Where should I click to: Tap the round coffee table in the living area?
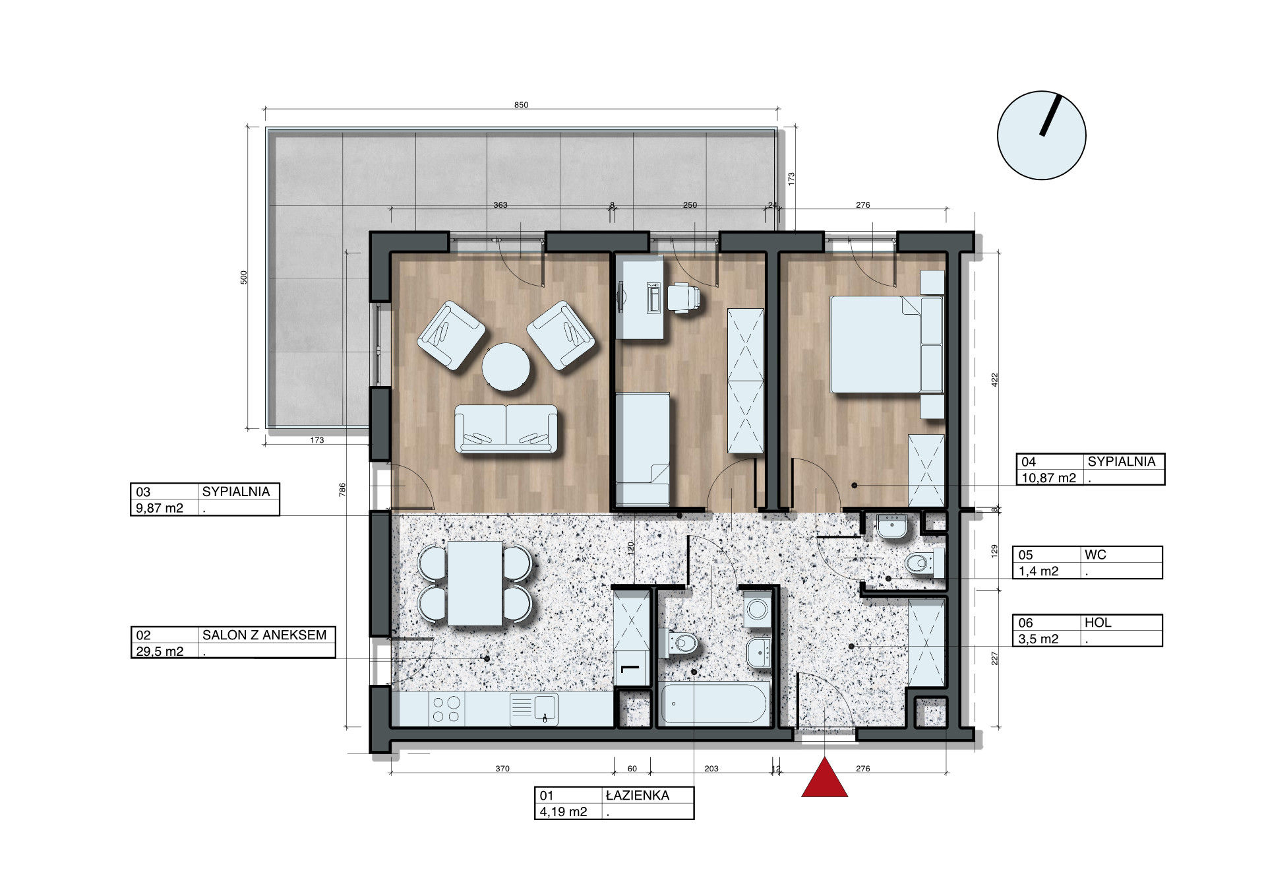pyautogui.click(x=506, y=367)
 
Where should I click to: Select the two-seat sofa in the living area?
pyautogui.click(x=506, y=429)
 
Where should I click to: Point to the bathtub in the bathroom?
pyautogui.click(x=714, y=704)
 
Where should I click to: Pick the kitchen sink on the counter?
pyautogui.click(x=533, y=709)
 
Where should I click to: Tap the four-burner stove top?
pyautogui.click(x=446, y=709)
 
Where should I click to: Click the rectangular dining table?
pyautogui.click(x=475, y=583)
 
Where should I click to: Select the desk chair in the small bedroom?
pyautogui.click(x=683, y=297)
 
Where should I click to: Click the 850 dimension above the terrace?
pyautogui.click(x=521, y=105)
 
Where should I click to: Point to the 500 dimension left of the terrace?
pyautogui.click(x=244, y=277)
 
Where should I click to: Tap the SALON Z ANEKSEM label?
pyautogui.click(x=264, y=635)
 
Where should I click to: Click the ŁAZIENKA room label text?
pyautogui.click(x=637, y=796)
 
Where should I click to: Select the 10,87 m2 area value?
pyautogui.click(x=1048, y=478)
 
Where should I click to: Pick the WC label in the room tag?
pyautogui.click(x=1095, y=555)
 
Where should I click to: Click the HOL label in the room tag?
pyautogui.click(x=1098, y=622)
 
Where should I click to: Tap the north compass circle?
pyautogui.click(x=1041, y=135)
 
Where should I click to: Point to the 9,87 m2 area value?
pyautogui.click(x=160, y=508)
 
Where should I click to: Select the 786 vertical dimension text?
pyautogui.click(x=342, y=490)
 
